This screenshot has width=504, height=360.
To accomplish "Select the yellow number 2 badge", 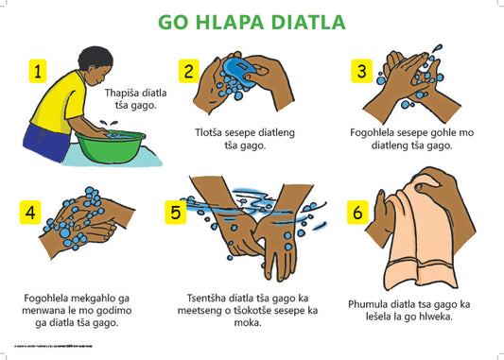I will coord(189,70).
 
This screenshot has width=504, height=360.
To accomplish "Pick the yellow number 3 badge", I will coord(360,70).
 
